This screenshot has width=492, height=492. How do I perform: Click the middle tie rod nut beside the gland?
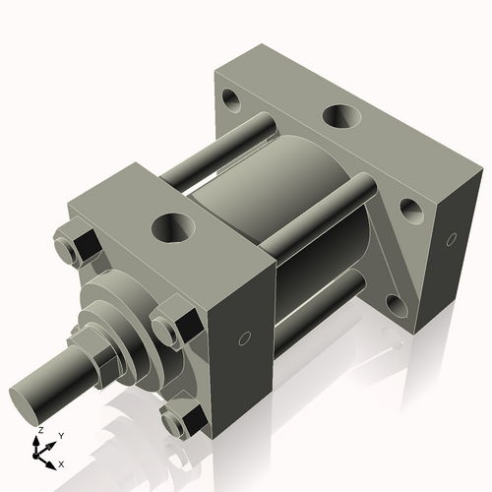174,322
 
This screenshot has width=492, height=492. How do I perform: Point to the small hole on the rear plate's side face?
452,239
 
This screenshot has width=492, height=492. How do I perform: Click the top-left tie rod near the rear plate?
251,133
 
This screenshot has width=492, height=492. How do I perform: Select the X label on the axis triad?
61,462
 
